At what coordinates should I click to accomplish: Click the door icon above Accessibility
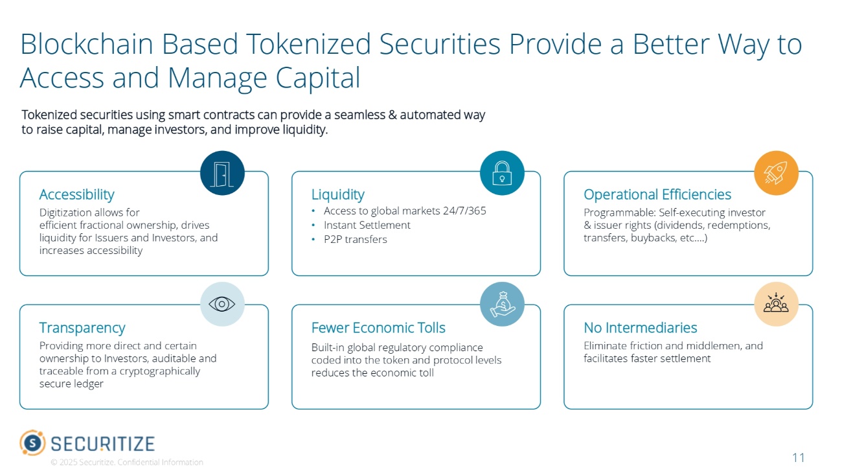pos(222,173)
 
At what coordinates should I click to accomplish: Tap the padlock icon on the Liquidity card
pos(502,173)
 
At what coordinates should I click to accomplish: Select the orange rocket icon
pos(776,173)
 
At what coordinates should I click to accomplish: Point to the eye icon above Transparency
pos(222,304)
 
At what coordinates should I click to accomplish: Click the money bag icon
pos(502,304)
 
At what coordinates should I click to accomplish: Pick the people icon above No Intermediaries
pos(776,304)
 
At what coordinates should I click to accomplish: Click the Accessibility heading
pos(76,194)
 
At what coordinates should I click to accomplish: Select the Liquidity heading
pos(337,194)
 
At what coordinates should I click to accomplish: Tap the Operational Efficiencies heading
pos(657,194)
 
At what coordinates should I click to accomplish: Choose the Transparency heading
pos(82,328)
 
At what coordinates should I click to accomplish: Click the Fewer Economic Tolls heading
pos(378,328)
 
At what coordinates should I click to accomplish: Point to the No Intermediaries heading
pos(640,328)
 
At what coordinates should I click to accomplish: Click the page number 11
pos(798,458)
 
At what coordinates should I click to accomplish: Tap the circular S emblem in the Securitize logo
pos(32,443)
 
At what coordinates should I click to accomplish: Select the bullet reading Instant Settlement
pos(367,225)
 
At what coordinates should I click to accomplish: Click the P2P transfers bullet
pos(355,240)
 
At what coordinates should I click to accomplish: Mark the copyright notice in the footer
pos(127,463)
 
